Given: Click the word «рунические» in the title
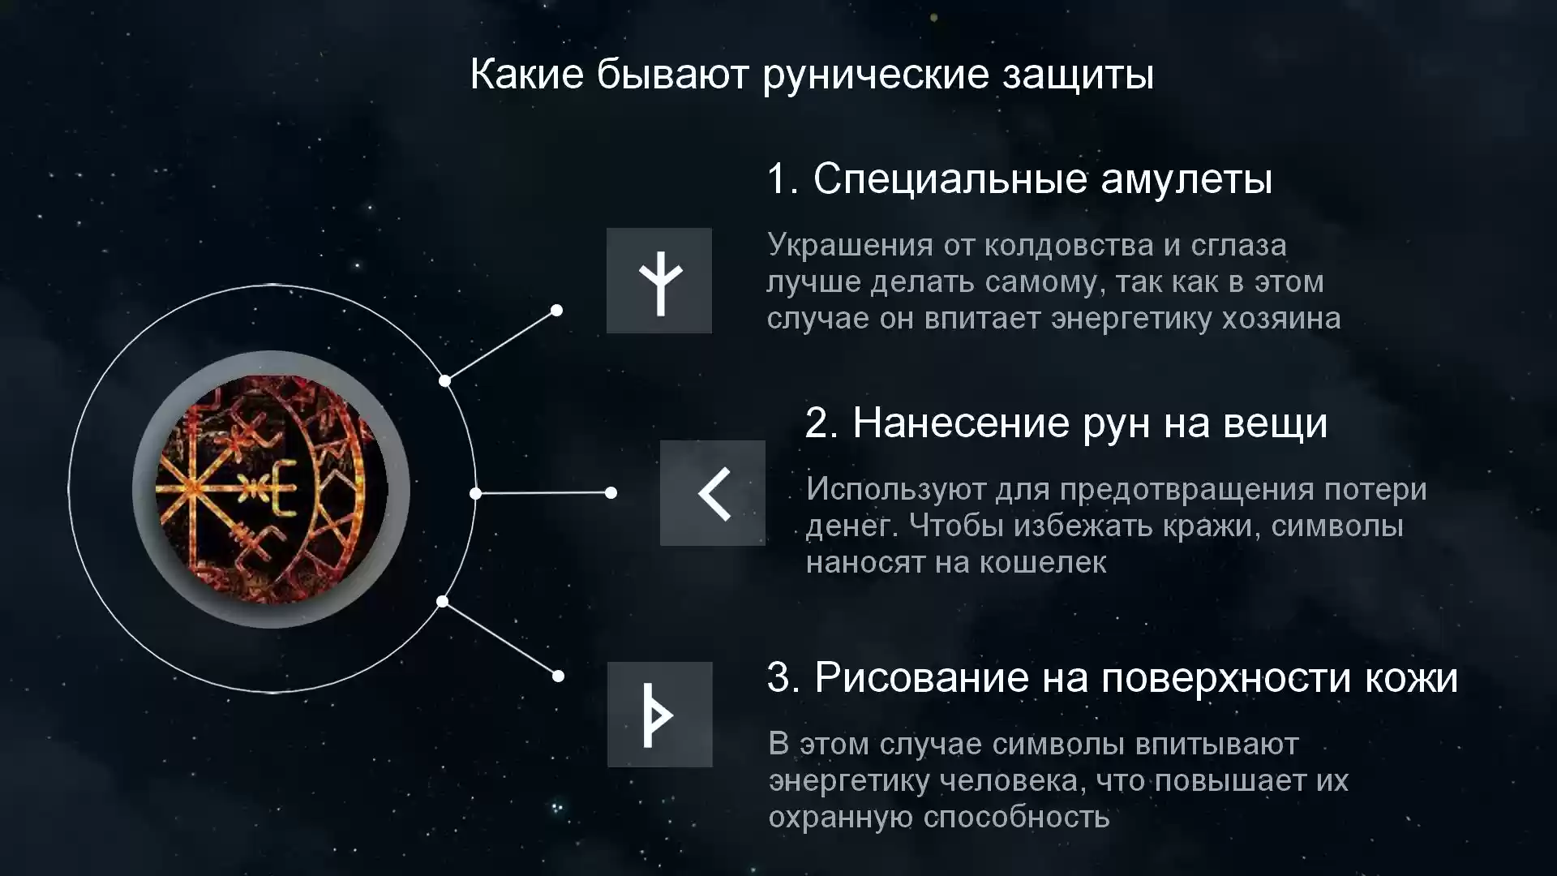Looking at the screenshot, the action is pyautogui.click(x=877, y=75).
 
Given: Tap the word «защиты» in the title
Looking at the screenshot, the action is pyautogui.click(x=1079, y=75).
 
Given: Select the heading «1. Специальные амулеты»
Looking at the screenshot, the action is pyautogui.click(x=1019, y=179).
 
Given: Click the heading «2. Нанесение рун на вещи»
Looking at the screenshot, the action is pyautogui.click(x=1066, y=423).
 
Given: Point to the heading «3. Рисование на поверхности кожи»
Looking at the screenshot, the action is pyautogui.click(x=1113, y=678).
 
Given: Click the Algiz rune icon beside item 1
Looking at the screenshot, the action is pyautogui.click(x=659, y=281).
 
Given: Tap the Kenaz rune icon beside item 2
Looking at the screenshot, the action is pyautogui.click(x=713, y=493).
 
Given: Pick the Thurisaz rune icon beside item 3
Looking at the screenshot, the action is pyautogui.click(x=660, y=715).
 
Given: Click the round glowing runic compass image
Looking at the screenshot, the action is pyautogui.click(x=271, y=490).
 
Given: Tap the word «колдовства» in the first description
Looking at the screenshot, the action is pyautogui.click(x=1069, y=246).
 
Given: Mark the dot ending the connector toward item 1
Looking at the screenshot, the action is pyautogui.click(x=557, y=310).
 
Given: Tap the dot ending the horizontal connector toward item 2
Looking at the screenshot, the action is pyautogui.click(x=611, y=492).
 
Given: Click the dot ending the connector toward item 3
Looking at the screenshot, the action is pyautogui.click(x=558, y=676).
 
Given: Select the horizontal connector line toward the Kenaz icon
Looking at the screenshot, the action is pyautogui.click(x=543, y=492).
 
